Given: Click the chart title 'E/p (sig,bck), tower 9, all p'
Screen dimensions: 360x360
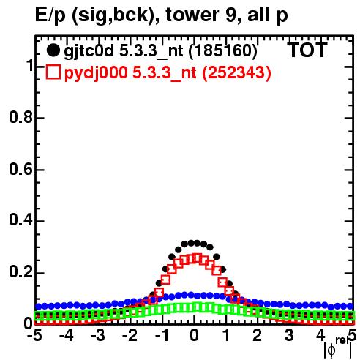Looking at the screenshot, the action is click(162, 15).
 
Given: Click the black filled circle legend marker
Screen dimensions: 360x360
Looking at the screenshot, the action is click(53, 50).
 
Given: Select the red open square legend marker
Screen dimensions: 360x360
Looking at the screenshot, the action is click(53, 72).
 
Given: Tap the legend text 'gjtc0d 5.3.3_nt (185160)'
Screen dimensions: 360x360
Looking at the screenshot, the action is click(160, 51).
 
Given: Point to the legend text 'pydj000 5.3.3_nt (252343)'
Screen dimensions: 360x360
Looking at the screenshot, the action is click(168, 73).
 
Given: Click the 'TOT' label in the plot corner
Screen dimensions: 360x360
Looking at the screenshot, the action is click(307, 50).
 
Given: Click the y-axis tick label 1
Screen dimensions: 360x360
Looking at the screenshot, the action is click(29, 66).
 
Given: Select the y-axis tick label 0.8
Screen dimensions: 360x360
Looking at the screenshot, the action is click(20, 118).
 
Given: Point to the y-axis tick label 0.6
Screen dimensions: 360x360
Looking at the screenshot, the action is click(20, 170).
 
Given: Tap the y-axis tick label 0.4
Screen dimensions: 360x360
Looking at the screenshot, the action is click(20, 221).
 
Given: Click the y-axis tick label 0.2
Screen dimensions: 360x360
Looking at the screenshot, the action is click(20, 273).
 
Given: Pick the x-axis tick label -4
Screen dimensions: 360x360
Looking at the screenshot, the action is click(67, 336).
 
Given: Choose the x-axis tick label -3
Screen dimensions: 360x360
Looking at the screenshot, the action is click(98, 336).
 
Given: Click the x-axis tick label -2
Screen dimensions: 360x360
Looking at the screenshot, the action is click(130, 336).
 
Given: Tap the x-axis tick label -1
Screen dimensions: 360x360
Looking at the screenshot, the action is click(162, 336).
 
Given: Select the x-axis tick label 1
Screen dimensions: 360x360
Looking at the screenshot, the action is click(226, 336).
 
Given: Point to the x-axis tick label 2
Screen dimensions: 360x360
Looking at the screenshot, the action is click(258, 336).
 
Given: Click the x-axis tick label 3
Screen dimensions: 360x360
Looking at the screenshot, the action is click(289, 336).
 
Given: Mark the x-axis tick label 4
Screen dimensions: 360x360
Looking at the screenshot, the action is click(320, 336).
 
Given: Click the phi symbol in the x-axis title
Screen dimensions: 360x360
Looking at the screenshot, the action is click(331, 350).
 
